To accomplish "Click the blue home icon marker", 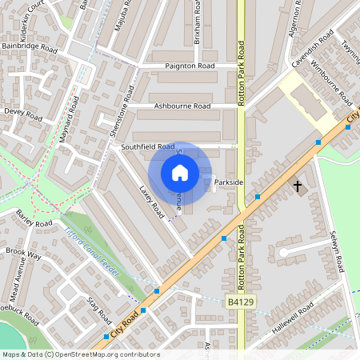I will (180, 172).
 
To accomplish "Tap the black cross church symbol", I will (298, 186).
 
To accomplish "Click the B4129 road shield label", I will (240, 302).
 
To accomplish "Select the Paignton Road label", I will (190, 66).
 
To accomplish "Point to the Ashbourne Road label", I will (182, 106).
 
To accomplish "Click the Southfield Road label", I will (147, 147).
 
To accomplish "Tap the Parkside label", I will (228, 182).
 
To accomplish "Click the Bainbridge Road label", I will (30, 49).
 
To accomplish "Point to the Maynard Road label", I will (70, 121).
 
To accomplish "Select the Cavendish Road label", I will (311, 50).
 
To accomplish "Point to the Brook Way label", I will (23, 254).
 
